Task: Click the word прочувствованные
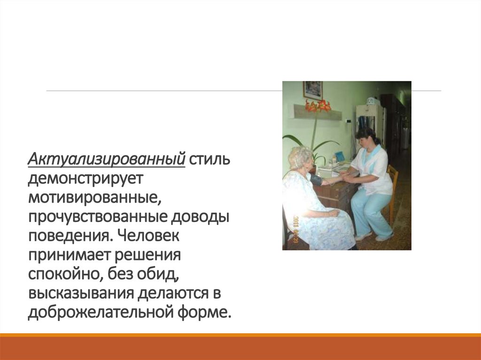point(98,217)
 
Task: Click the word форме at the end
point(208,312)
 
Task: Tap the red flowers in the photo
point(318,106)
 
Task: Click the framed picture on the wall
point(312,90)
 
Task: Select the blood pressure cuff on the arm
point(316,179)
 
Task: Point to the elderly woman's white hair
point(300,156)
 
